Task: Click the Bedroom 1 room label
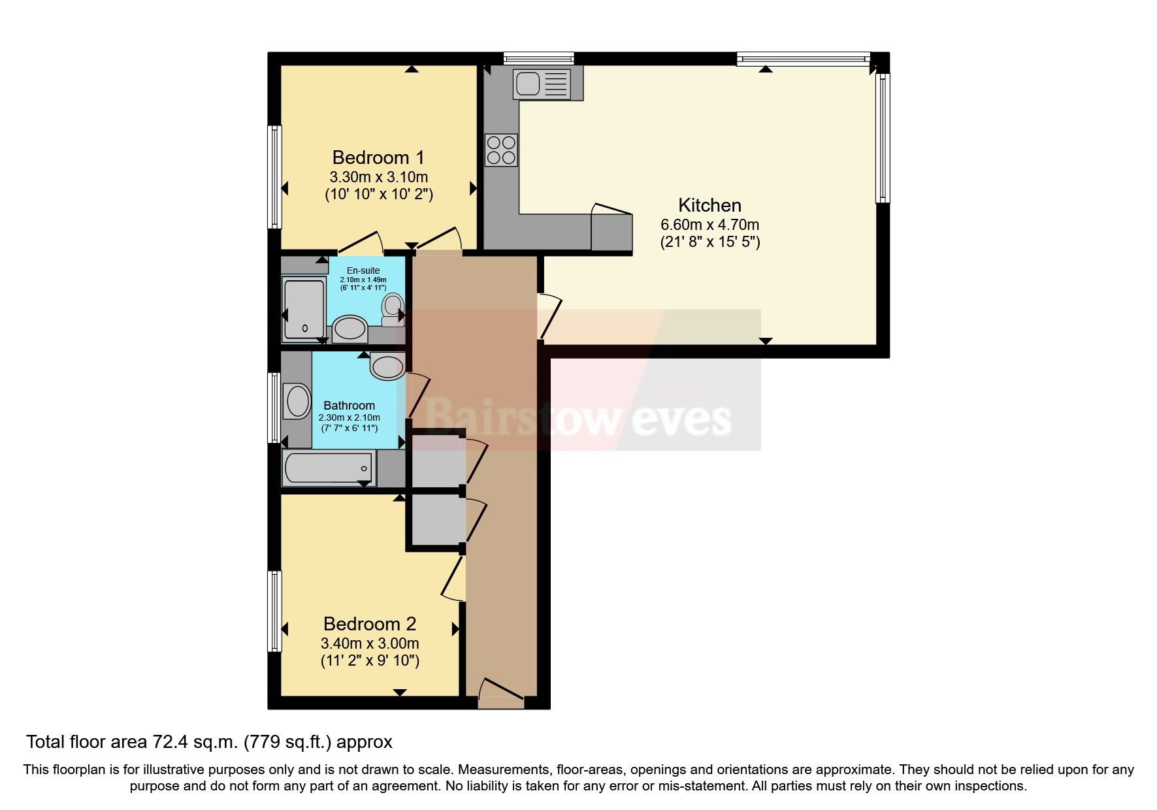click(378, 157)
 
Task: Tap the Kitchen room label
click(709, 205)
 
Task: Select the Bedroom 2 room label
click(369, 624)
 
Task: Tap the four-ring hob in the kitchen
click(501, 150)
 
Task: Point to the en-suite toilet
click(393, 310)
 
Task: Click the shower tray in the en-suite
click(304, 308)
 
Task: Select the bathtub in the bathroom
click(329, 468)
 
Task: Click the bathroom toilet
click(387, 366)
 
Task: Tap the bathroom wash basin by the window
click(297, 402)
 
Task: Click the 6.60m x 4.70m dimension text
click(709, 225)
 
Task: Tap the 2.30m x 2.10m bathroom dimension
click(349, 417)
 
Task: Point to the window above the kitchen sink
click(538, 58)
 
